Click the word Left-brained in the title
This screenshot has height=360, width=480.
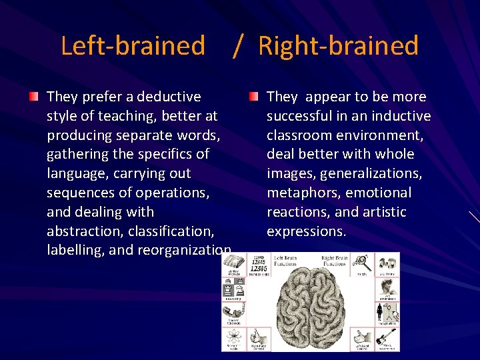133,46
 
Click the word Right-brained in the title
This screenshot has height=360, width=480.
338,46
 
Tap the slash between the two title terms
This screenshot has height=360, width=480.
237,46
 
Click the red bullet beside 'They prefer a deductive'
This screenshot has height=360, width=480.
33,97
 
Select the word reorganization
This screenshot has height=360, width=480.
185,251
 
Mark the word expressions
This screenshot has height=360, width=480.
306,231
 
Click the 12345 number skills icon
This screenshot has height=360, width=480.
261,265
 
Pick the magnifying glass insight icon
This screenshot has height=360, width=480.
363,262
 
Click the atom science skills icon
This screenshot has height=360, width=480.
234,337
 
